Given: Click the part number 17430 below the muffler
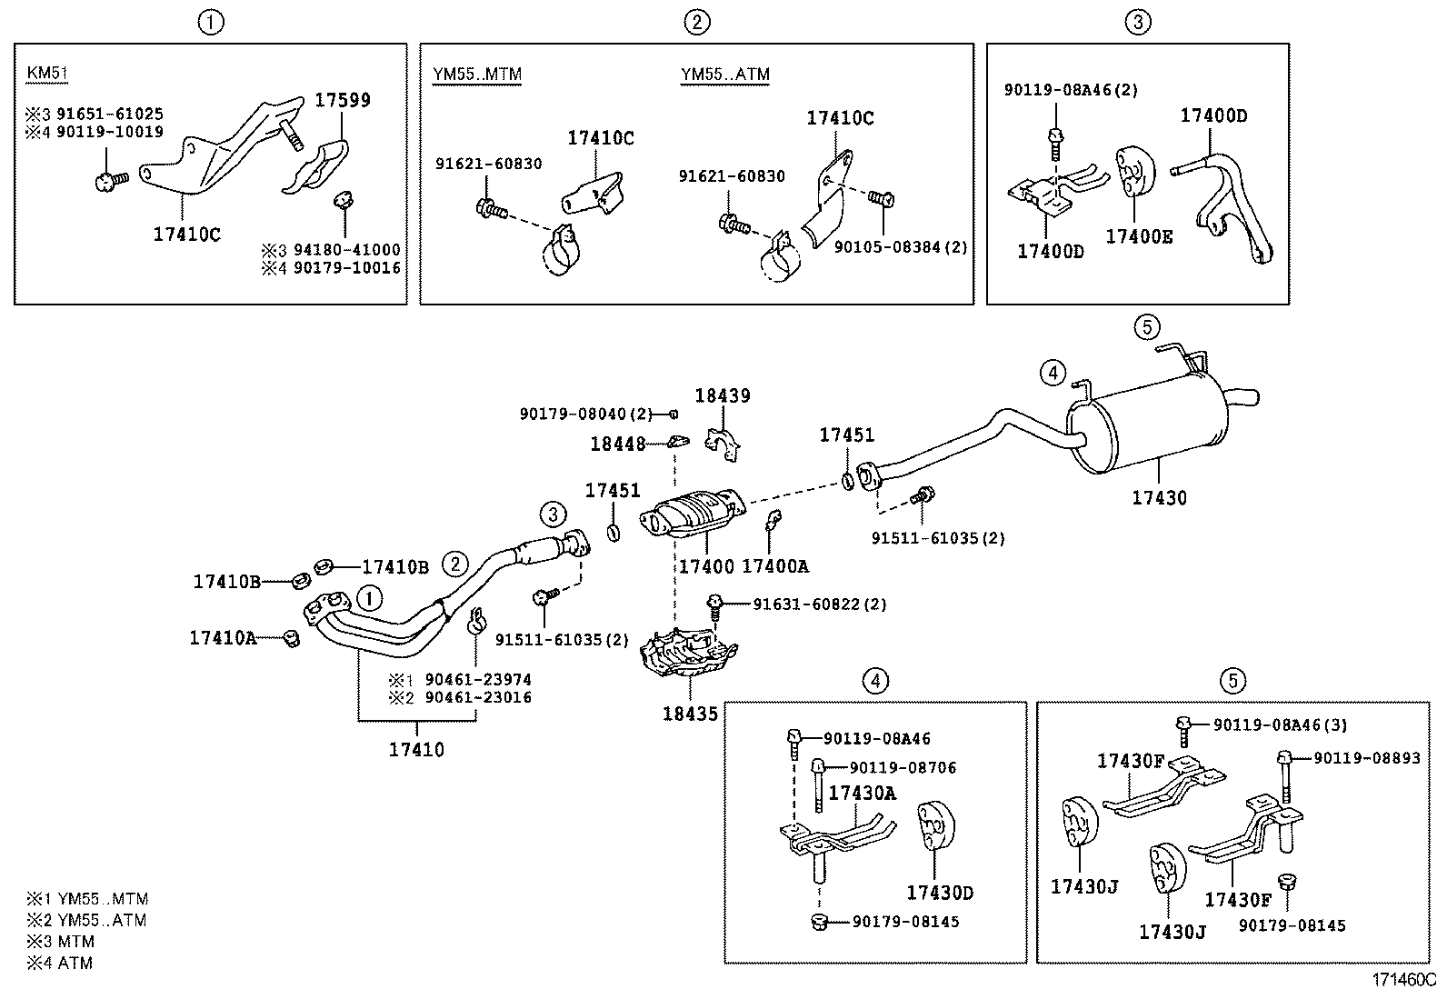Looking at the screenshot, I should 1159,498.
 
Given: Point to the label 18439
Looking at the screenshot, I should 723,396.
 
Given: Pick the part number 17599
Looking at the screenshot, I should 343,101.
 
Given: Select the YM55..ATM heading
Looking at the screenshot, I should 724,74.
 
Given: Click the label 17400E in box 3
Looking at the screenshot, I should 1138,237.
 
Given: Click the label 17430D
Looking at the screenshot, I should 939,894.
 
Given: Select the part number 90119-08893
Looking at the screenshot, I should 1366,757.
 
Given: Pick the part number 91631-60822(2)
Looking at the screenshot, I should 819,604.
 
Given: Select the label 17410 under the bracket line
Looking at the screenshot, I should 416,750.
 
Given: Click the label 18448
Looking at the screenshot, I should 617,444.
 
